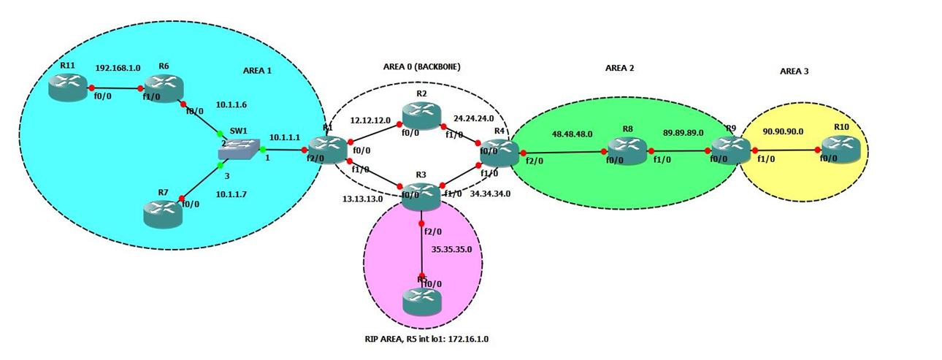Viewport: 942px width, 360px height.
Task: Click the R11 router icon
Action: click(x=67, y=88)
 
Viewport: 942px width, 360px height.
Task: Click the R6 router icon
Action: click(x=162, y=88)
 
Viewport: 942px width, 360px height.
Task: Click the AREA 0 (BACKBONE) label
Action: click(x=421, y=66)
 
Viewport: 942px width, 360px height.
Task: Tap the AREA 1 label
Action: click(x=257, y=71)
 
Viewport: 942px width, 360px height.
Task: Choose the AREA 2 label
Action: click(x=619, y=68)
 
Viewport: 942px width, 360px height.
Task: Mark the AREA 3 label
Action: click(x=794, y=72)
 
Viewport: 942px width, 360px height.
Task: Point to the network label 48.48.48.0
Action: click(x=572, y=134)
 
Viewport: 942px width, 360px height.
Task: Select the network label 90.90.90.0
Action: click(x=783, y=131)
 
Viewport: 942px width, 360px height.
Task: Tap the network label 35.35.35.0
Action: click(x=451, y=249)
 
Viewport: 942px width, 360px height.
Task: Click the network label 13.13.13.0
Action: click(x=364, y=198)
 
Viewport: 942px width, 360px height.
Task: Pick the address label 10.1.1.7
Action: click(x=232, y=195)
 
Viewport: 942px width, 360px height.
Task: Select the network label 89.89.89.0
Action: click(x=683, y=132)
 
